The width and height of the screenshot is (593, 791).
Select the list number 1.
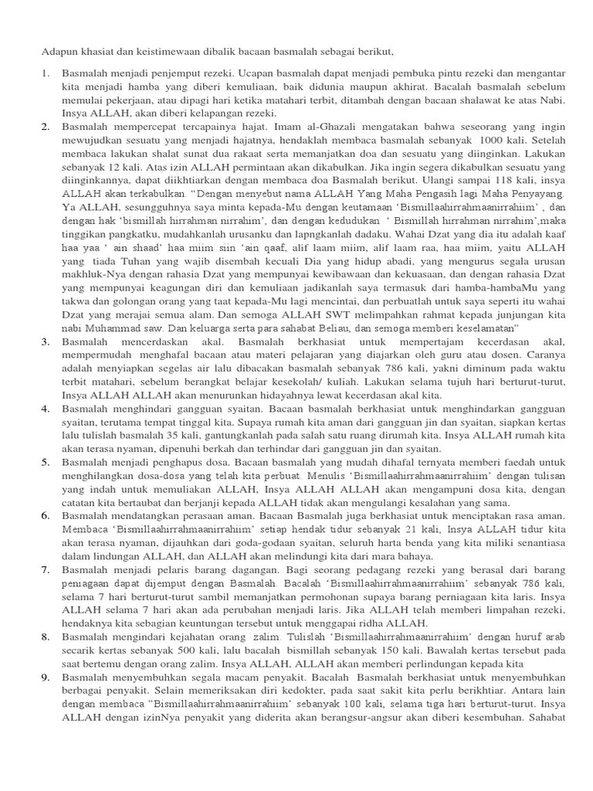(x=45, y=73)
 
